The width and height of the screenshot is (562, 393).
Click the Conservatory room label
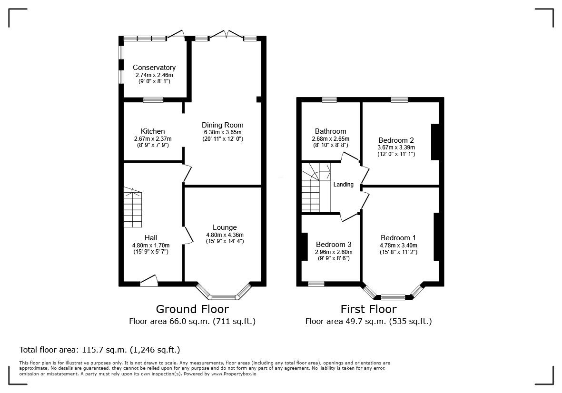154,68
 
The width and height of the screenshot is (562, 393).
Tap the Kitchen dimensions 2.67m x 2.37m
153,138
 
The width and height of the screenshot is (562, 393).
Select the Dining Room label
223,125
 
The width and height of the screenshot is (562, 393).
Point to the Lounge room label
225,227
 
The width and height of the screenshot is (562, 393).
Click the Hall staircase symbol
133,207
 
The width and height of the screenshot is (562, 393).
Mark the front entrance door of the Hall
149,281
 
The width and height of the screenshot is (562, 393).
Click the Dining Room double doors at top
227,34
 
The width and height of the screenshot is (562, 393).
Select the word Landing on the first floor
344,185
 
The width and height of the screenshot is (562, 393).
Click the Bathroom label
330,131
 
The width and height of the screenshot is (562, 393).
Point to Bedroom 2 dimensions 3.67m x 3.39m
396,147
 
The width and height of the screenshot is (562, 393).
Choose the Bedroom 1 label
398,238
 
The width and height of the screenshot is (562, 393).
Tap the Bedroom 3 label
333,245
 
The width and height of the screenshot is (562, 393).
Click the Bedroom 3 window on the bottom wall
316,284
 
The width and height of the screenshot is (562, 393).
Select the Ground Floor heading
192,309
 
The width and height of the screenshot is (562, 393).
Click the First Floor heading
368,309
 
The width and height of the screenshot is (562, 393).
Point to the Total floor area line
99,350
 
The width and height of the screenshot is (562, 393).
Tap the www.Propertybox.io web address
234,373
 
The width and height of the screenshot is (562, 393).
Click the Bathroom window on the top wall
329,99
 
